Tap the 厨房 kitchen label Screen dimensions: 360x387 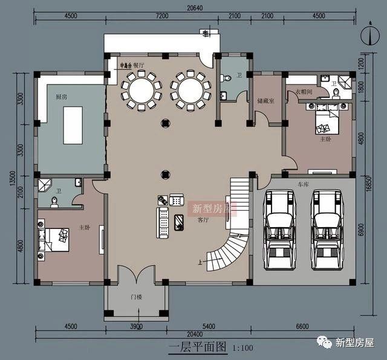61,97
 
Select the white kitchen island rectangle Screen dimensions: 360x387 73,125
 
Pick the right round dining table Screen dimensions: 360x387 190,91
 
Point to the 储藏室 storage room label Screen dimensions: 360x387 266,101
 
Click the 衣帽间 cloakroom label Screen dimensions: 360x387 304,92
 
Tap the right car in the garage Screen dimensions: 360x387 327,223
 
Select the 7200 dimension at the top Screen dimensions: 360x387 162,16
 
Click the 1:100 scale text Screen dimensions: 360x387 242,348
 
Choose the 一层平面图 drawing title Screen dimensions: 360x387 197,347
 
